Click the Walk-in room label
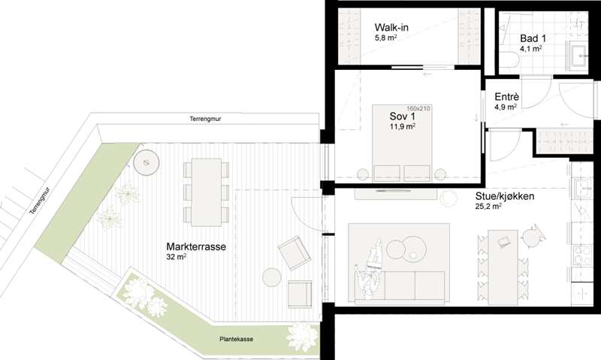[x=391, y=28]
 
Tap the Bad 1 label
[x=533, y=38]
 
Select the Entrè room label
[x=506, y=97]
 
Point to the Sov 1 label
[x=402, y=116]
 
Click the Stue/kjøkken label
[x=505, y=196]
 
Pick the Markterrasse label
[x=196, y=247]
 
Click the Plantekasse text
[x=236, y=339]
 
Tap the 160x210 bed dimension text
[x=418, y=108]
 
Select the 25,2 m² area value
[x=489, y=206]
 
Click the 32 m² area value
[x=177, y=257]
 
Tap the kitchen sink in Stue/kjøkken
[x=581, y=188]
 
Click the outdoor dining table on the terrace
[x=206, y=192]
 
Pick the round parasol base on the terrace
[x=146, y=162]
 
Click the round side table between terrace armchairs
[x=272, y=277]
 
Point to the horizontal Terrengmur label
[x=205, y=119]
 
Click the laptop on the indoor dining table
[x=503, y=242]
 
